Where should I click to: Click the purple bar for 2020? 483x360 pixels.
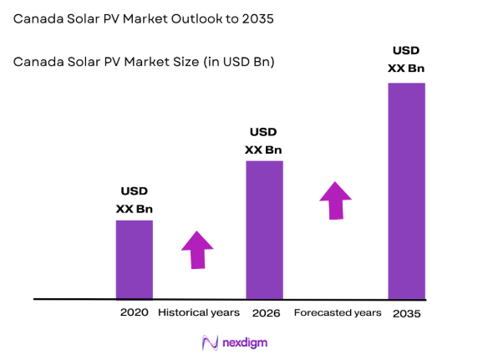pyautogui.click(x=134, y=259)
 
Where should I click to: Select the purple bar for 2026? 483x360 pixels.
pyautogui.click(x=263, y=230)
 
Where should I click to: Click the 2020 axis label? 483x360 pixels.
pyautogui.click(x=134, y=312)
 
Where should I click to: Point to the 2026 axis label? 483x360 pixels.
pyautogui.click(x=263, y=312)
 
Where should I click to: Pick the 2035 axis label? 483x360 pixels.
pyautogui.click(x=406, y=312)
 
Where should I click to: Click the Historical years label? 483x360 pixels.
pyautogui.click(x=199, y=312)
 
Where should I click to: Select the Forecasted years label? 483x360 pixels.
pyautogui.click(x=338, y=312)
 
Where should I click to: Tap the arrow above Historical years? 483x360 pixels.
pyautogui.click(x=197, y=249)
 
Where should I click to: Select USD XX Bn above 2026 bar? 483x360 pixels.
pyautogui.click(x=263, y=141)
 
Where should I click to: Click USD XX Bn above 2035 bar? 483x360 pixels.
pyautogui.click(x=406, y=58)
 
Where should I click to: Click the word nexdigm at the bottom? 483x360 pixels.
pyautogui.click(x=245, y=342)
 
